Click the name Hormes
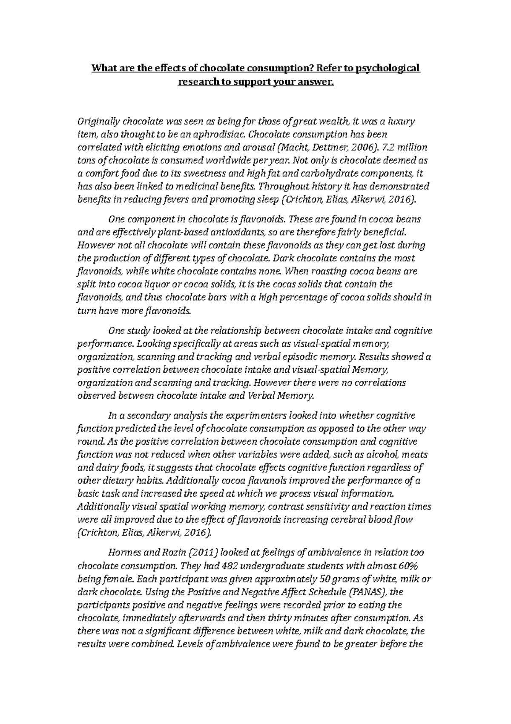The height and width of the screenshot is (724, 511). (x=124, y=553)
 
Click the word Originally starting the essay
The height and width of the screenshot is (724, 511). (x=98, y=122)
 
